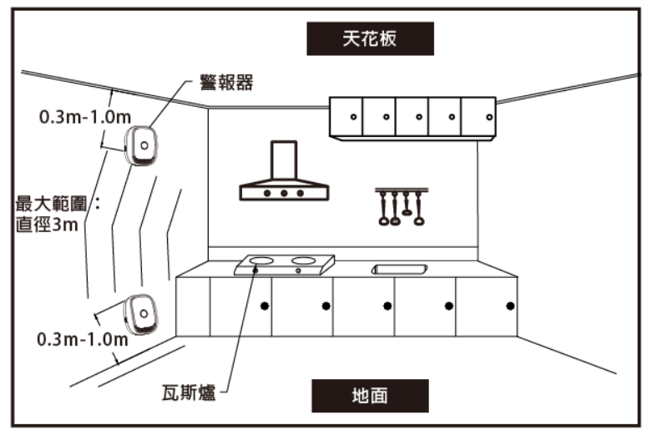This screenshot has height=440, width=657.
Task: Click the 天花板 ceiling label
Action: coord(370,38)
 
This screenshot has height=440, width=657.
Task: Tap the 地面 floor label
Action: coord(370,396)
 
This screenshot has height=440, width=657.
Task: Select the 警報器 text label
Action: coord(226,83)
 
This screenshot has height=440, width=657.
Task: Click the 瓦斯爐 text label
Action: coord(189,393)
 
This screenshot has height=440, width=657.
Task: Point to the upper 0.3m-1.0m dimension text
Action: coord(85,117)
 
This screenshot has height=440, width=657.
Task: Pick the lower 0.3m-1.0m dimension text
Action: coord(83,339)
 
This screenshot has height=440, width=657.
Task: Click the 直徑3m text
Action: coord(47,225)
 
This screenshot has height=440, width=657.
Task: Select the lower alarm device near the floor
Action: coord(141,314)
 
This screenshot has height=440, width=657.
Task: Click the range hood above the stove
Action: coord(284,171)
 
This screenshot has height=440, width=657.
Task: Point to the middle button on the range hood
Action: coord(284,193)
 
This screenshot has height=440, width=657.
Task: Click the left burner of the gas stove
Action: coord(261,261)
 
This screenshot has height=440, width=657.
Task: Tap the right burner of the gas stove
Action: coord(303,260)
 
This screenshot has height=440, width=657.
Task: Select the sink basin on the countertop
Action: coord(399,269)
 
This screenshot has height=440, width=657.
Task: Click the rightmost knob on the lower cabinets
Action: coord(510,306)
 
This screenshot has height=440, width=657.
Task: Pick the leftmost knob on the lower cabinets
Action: coord(265,306)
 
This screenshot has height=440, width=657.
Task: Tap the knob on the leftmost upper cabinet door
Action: coord(353,117)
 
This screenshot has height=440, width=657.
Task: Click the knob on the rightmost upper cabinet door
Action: coord(489,117)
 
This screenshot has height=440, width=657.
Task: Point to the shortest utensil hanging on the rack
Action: coord(407,204)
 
